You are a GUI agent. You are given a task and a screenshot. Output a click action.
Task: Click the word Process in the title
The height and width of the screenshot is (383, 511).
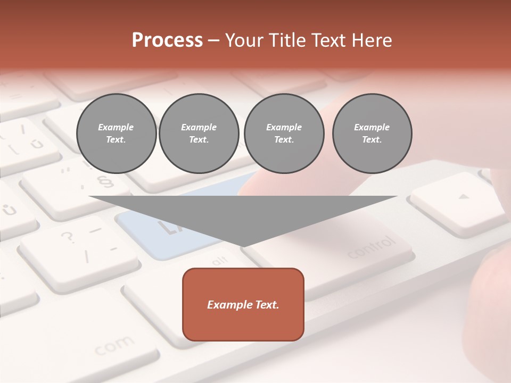(x=167, y=40)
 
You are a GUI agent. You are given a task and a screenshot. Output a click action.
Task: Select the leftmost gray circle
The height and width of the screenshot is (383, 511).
(x=116, y=134)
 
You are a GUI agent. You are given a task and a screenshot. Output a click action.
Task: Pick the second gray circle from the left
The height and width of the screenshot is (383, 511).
(x=199, y=134)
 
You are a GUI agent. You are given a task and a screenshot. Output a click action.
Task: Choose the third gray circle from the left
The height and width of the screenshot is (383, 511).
(x=284, y=134)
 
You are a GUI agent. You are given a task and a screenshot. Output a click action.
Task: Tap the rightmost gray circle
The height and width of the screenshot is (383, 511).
(x=372, y=134)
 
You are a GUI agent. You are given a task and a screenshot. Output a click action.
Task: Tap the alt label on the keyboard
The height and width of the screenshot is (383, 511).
(x=219, y=261)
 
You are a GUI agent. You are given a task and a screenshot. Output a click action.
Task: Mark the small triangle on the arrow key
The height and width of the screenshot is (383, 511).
(x=464, y=197)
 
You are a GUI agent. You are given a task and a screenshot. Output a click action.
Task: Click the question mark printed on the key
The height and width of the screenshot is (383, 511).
(x=68, y=237)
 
